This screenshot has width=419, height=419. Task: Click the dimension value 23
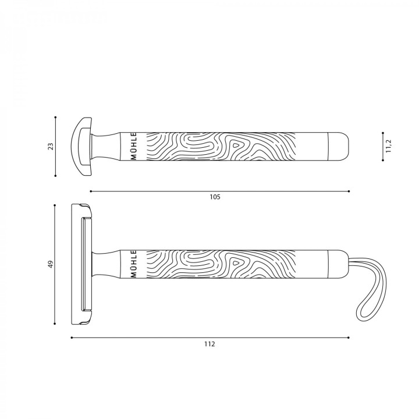point(51,146)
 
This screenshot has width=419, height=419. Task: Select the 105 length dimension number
point(215,197)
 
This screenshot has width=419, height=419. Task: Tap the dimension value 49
point(51,265)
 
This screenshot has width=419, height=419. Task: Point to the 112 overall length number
point(210,344)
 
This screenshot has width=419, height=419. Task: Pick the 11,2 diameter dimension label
point(388,146)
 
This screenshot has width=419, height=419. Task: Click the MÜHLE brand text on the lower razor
point(133,265)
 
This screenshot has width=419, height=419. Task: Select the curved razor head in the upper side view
point(81,146)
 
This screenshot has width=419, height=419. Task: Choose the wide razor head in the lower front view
point(81,265)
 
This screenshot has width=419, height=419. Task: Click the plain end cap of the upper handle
point(339,146)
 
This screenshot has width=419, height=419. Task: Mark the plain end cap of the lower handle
point(338,265)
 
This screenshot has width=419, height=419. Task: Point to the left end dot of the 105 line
point(90,191)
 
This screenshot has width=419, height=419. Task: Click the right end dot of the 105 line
point(349,191)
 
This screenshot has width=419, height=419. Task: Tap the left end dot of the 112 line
point(71,338)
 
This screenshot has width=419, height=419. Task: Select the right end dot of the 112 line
point(349,338)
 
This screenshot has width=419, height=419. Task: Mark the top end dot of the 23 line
point(55,117)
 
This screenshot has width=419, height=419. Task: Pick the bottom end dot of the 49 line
point(55,325)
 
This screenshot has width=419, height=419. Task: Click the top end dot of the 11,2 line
point(383,132)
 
